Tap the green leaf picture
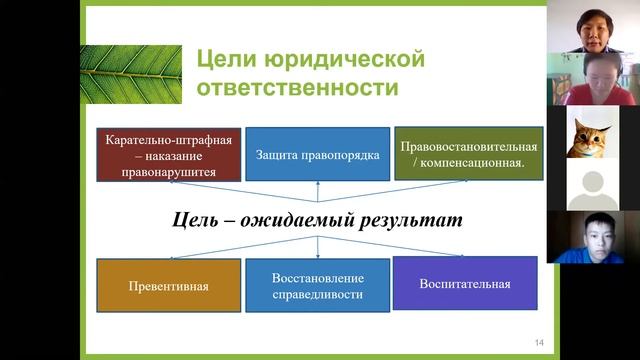tap(131, 74)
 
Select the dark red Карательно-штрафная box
tap(168, 153)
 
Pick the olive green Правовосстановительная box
tap(468, 153)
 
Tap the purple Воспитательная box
tap(465, 283)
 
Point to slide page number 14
tap(539, 344)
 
